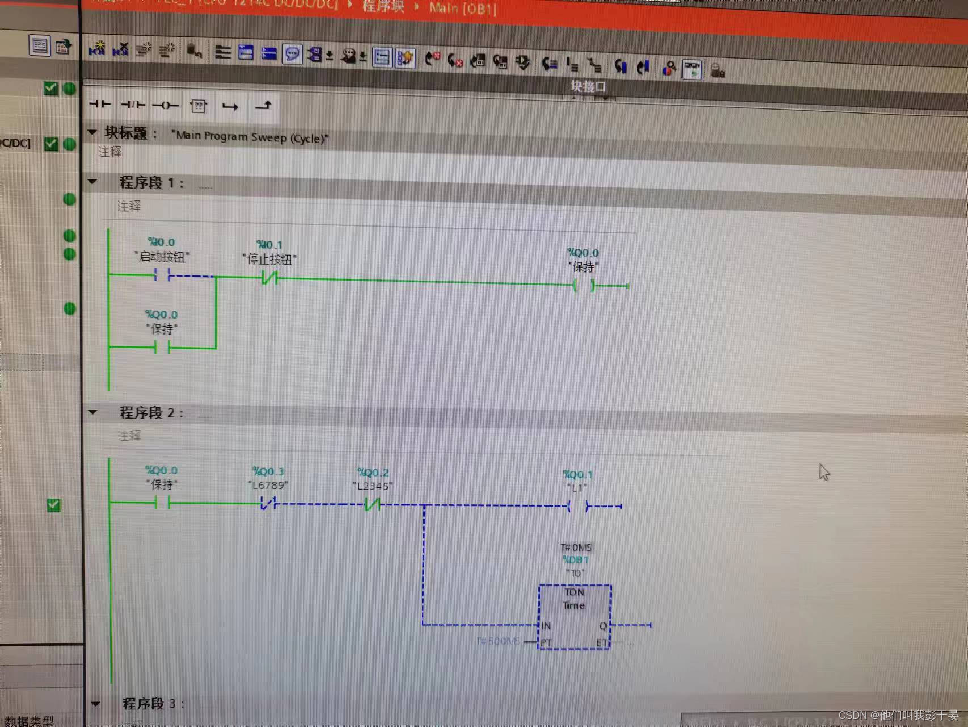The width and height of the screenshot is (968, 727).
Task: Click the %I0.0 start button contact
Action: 162,276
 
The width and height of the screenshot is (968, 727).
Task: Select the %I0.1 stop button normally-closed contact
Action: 269,278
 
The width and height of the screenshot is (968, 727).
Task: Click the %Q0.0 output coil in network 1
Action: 583,285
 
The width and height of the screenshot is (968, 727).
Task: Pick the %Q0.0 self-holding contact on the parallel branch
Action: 162,347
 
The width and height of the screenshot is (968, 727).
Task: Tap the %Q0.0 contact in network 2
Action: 162,503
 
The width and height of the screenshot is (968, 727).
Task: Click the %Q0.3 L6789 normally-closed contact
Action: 268,503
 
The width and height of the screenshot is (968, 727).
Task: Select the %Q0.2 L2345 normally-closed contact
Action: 372,504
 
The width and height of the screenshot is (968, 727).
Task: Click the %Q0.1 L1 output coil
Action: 578,506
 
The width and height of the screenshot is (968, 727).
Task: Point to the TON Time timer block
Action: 574,616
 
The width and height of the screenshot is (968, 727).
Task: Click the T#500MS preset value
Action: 498,641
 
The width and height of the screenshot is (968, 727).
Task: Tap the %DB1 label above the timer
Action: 575,560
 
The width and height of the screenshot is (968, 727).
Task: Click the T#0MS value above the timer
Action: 575,548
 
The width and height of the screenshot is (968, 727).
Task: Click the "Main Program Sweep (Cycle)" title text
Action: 250,137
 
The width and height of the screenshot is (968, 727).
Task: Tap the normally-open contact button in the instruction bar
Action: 100,104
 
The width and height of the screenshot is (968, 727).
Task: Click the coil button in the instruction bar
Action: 165,105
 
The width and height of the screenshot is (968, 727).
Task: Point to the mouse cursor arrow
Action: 823,471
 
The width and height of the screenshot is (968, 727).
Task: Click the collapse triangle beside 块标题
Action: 92,132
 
